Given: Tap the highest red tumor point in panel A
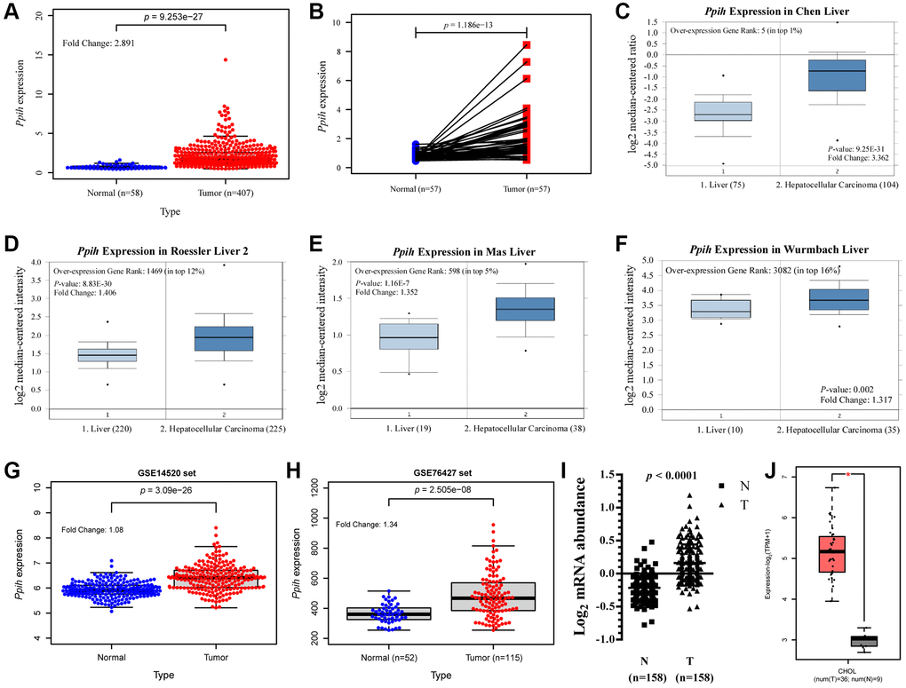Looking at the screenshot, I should [x=226, y=59].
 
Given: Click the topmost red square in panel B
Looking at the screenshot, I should [x=527, y=44].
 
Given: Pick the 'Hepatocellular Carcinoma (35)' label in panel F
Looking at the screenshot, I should [x=836, y=431].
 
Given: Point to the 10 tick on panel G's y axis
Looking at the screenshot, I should [x=36, y=487].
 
